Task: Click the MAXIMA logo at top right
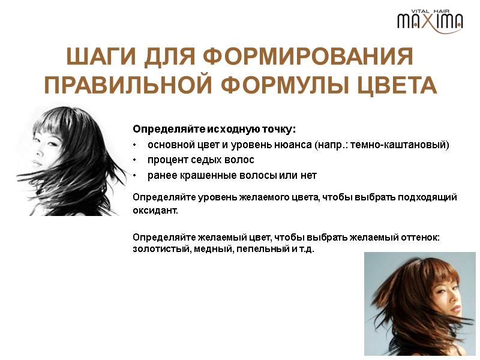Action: pos(430,22)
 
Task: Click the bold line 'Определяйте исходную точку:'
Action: pos(215,129)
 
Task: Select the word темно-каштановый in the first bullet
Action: pos(408,145)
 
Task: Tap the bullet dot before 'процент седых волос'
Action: pos(136,160)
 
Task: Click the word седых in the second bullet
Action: pos(211,160)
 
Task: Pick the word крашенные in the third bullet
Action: pos(203,175)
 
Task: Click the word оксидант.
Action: pos(155,211)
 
